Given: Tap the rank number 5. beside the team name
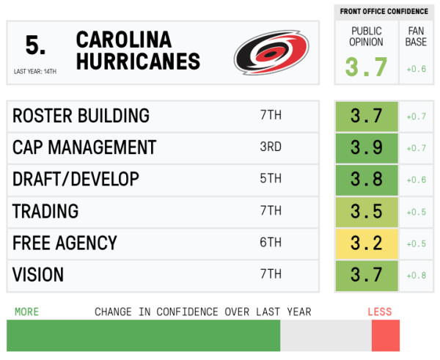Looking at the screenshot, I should pos(35,45).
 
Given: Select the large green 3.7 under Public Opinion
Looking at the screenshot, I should pos(366,67).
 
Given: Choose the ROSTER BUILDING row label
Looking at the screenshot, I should pos(81,116).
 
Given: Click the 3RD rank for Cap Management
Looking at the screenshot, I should pos(271,147).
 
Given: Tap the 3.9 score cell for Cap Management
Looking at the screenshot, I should pos(367,147).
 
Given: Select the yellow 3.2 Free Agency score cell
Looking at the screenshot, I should pos(367,243).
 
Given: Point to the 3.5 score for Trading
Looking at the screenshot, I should pos(367,211).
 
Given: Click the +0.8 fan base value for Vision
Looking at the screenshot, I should pos(417,275).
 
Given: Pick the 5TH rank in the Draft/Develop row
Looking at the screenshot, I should pos(271,179).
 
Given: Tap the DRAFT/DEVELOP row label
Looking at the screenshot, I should pos(76,179).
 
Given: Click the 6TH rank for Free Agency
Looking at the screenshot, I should pos(271,243).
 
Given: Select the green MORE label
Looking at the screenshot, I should pos(26,312).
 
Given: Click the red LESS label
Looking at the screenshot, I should pos(380,312).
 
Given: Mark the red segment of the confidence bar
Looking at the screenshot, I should pos(385,336).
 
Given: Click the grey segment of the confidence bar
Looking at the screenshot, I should pos(326,336).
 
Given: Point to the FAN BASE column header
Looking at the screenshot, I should pos(416,37).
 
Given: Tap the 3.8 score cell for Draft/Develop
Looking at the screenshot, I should pos(367,179).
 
